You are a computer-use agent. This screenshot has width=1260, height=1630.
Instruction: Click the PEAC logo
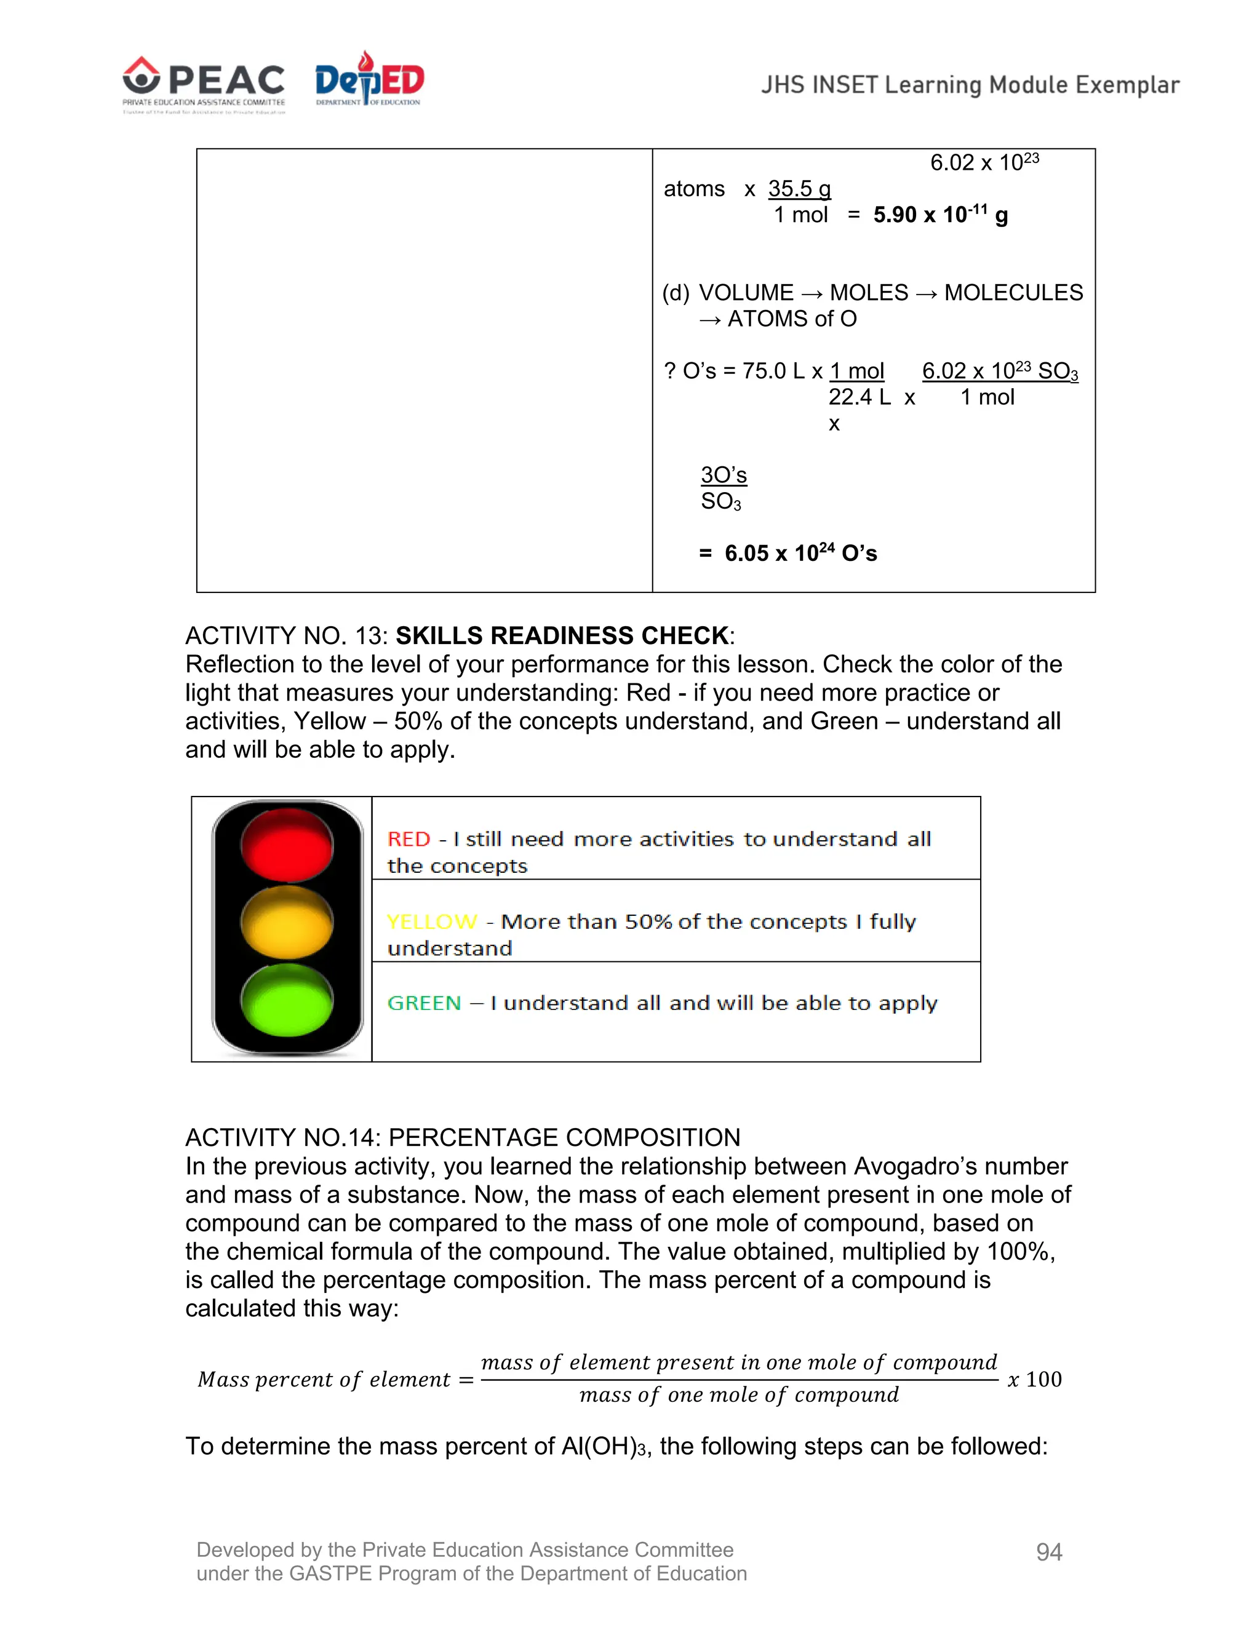pos(203,84)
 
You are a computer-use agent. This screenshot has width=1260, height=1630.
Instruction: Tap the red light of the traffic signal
pos(287,845)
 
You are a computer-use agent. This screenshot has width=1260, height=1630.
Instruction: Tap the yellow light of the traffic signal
pos(287,923)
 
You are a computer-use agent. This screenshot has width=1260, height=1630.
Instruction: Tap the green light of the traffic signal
pos(287,1000)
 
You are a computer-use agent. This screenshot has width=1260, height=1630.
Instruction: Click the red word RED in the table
pos(409,839)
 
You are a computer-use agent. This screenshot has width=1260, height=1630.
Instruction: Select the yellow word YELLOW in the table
pos(432,922)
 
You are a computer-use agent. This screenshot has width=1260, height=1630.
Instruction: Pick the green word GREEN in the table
pos(424,1003)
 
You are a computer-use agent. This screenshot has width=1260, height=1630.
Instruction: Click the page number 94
pos(1049,1552)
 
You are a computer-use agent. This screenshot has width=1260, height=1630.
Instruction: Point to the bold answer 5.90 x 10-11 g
pos(940,215)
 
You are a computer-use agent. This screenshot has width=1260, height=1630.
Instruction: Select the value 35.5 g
pos(799,189)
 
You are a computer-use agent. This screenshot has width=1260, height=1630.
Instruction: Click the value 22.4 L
pos(859,397)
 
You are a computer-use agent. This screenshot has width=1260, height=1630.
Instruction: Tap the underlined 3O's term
pos(724,475)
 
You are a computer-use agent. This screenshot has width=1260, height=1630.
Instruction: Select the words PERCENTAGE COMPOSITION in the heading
pos(564,1137)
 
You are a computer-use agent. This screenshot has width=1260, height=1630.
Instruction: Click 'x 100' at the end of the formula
pos(1035,1379)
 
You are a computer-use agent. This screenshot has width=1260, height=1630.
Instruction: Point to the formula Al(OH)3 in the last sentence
pos(602,1447)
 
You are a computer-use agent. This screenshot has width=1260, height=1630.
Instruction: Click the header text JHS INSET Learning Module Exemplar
pos(970,85)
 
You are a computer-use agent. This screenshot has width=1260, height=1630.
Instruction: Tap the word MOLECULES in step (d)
pos(1013,293)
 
